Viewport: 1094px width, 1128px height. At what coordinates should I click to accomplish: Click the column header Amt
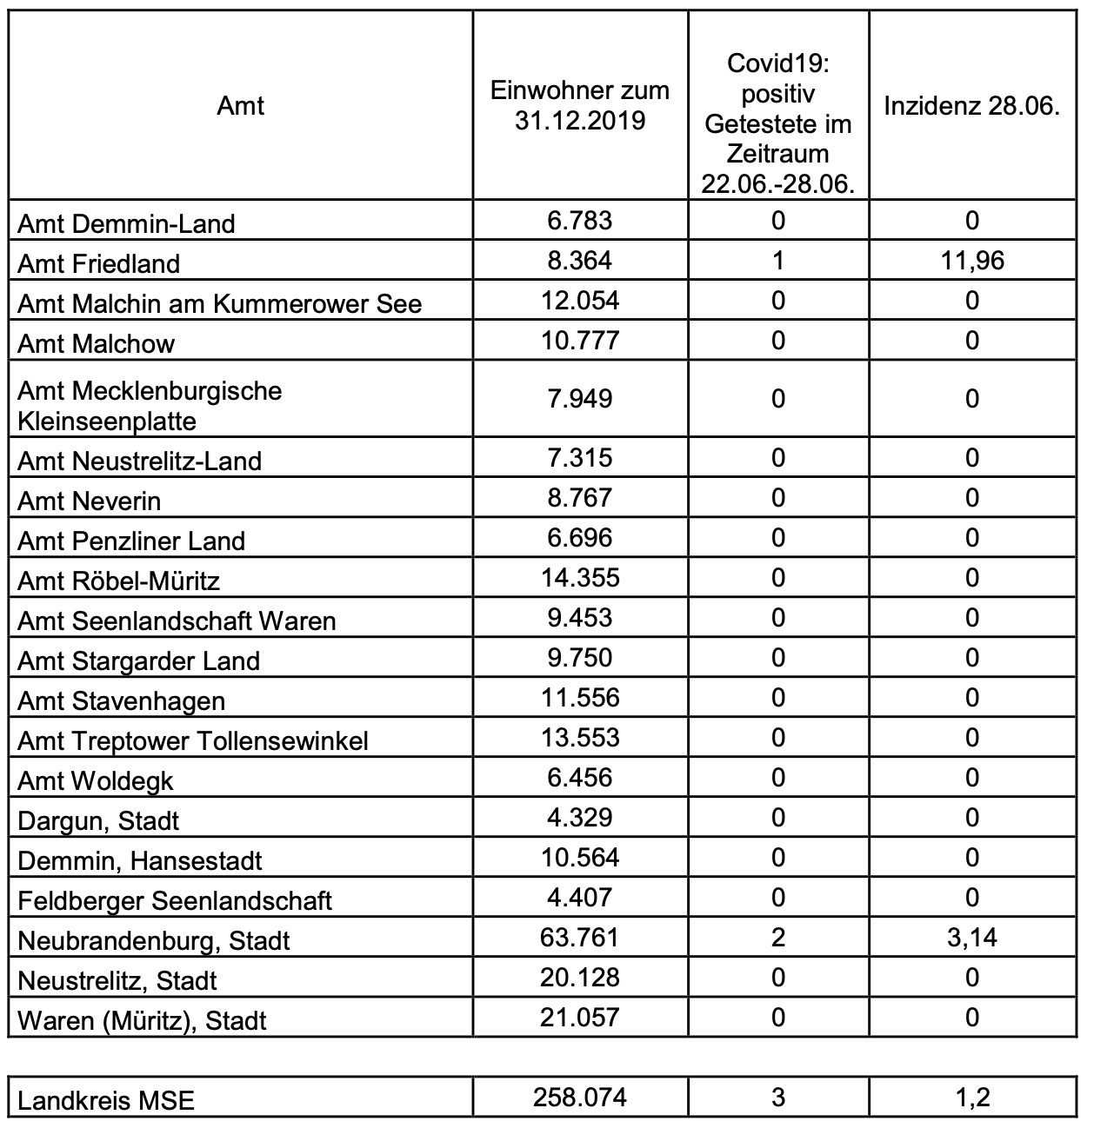pos(240,106)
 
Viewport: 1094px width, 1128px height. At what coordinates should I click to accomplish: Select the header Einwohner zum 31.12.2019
pos(580,105)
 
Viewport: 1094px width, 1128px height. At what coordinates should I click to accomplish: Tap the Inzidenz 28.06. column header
pos(971,106)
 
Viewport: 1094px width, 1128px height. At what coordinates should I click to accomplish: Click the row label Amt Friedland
pos(99,263)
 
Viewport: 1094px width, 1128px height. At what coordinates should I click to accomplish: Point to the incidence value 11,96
pos(971,261)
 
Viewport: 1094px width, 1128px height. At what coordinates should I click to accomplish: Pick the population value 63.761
pos(580,938)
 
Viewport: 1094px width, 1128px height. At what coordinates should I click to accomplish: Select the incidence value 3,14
pos(971,938)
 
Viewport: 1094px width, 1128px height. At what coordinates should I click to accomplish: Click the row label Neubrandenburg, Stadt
pos(154,940)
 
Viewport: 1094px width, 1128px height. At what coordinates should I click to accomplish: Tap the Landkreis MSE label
pos(106,1101)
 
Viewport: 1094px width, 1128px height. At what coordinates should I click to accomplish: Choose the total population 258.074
pos(580,1098)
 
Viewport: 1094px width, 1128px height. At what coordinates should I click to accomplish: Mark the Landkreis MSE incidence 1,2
pos(971,1098)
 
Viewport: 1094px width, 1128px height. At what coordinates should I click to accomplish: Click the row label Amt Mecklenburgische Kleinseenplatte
pos(150,406)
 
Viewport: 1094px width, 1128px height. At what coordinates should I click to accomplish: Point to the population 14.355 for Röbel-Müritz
pos(580,578)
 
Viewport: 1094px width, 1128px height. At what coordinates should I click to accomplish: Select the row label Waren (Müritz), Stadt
pos(142,1020)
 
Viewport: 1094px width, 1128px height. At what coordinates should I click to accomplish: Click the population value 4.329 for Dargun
pos(580,818)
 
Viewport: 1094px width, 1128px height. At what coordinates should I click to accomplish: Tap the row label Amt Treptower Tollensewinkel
pos(193,740)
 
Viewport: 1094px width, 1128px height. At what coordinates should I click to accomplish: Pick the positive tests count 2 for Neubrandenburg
pos(777,938)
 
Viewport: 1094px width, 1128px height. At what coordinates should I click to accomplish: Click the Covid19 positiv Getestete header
pos(777,123)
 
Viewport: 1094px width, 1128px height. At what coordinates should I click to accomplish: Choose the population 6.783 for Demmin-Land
pos(580,221)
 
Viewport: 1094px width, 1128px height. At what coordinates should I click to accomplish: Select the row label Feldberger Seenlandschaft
pos(175,900)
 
